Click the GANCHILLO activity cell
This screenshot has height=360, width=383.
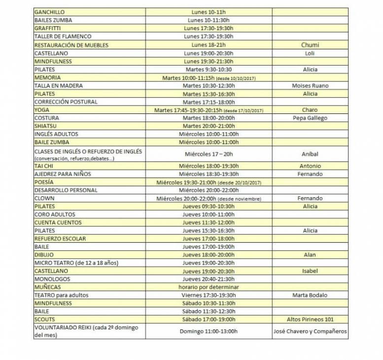tap(49, 12)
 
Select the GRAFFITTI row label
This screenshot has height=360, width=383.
tap(48, 28)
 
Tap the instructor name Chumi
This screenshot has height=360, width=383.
tap(310, 45)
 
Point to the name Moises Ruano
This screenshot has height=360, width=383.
tap(310, 85)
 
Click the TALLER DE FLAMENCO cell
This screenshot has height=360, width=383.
tap(63, 36)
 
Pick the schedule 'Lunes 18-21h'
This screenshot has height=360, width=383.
tap(209, 45)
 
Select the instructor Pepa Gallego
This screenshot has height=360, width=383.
tap(310, 118)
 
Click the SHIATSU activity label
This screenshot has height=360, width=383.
tap(46, 126)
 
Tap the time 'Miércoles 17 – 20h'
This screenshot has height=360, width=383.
tap(209, 154)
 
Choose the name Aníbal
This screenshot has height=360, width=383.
tap(310, 154)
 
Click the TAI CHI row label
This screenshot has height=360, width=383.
tap(44, 166)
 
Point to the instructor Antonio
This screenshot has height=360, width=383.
tap(310, 166)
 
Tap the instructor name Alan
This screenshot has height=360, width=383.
tap(310, 255)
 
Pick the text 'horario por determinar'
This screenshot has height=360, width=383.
tap(209, 287)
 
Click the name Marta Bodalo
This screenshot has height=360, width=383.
tap(310, 295)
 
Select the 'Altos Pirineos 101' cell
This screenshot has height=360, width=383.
tap(310, 319)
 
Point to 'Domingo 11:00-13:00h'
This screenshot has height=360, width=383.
tap(209, 331)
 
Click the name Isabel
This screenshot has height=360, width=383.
tap(310, 271)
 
